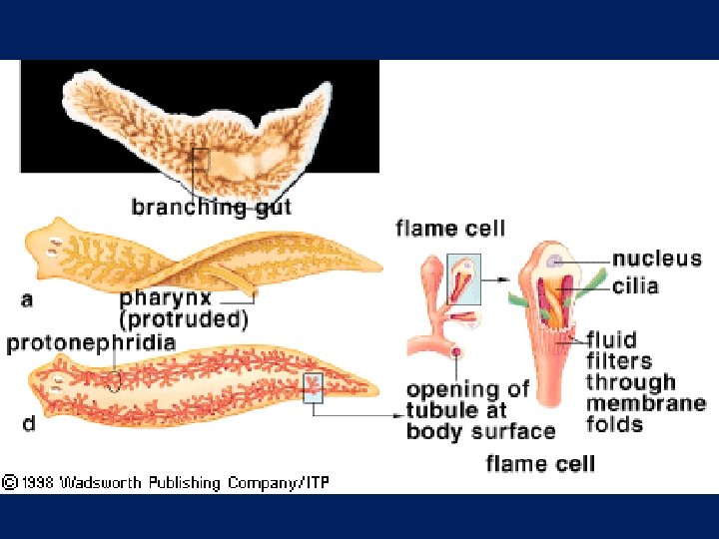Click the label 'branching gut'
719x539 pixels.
coord(212,208)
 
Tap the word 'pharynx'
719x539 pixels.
coord(164,297)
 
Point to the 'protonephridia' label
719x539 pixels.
coord(91,343)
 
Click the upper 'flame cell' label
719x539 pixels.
coord(450,229)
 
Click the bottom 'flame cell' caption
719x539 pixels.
coord(540,463)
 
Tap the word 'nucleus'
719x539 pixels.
coord(656,260)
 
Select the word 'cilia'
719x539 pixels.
coord(635,286)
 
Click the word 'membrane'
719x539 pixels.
coord(645,403)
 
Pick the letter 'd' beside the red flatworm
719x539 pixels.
coord(30,423)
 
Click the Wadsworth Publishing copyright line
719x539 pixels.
coord(165,483)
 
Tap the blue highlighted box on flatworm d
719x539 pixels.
coord(313,386)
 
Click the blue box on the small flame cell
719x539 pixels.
coord(464,278)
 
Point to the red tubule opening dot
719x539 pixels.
coord(456,351)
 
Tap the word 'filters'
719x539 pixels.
coord(619,360)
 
